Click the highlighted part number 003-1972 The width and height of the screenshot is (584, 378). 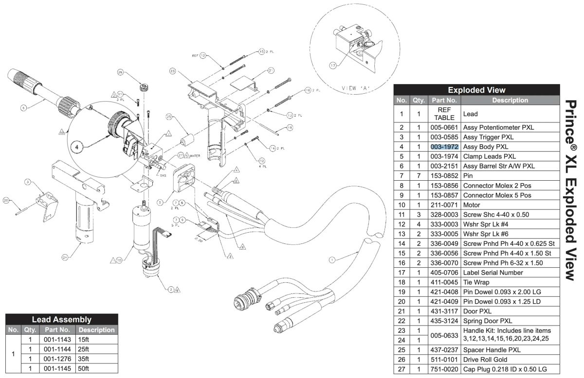(444, 147)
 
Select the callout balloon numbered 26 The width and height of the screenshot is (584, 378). (120, 72)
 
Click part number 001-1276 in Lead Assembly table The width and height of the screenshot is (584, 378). (57, 359)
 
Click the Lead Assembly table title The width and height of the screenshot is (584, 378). (61, 320)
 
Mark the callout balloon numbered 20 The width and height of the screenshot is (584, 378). (6, 200)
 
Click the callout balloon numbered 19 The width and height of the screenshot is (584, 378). (289, 128)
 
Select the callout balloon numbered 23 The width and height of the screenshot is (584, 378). (172, 71)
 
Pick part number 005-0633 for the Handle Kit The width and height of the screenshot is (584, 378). (444, 335)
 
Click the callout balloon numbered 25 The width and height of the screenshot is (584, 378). (169, 117)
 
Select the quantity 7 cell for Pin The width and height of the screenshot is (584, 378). (419, 176)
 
